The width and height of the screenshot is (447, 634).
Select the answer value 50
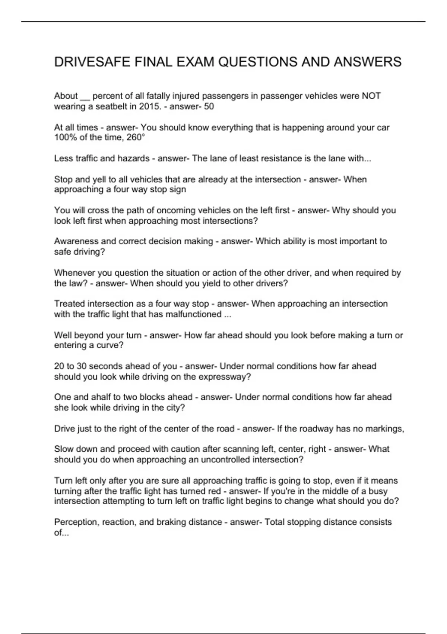click(209, 107)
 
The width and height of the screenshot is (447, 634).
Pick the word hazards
click(133, 158)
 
